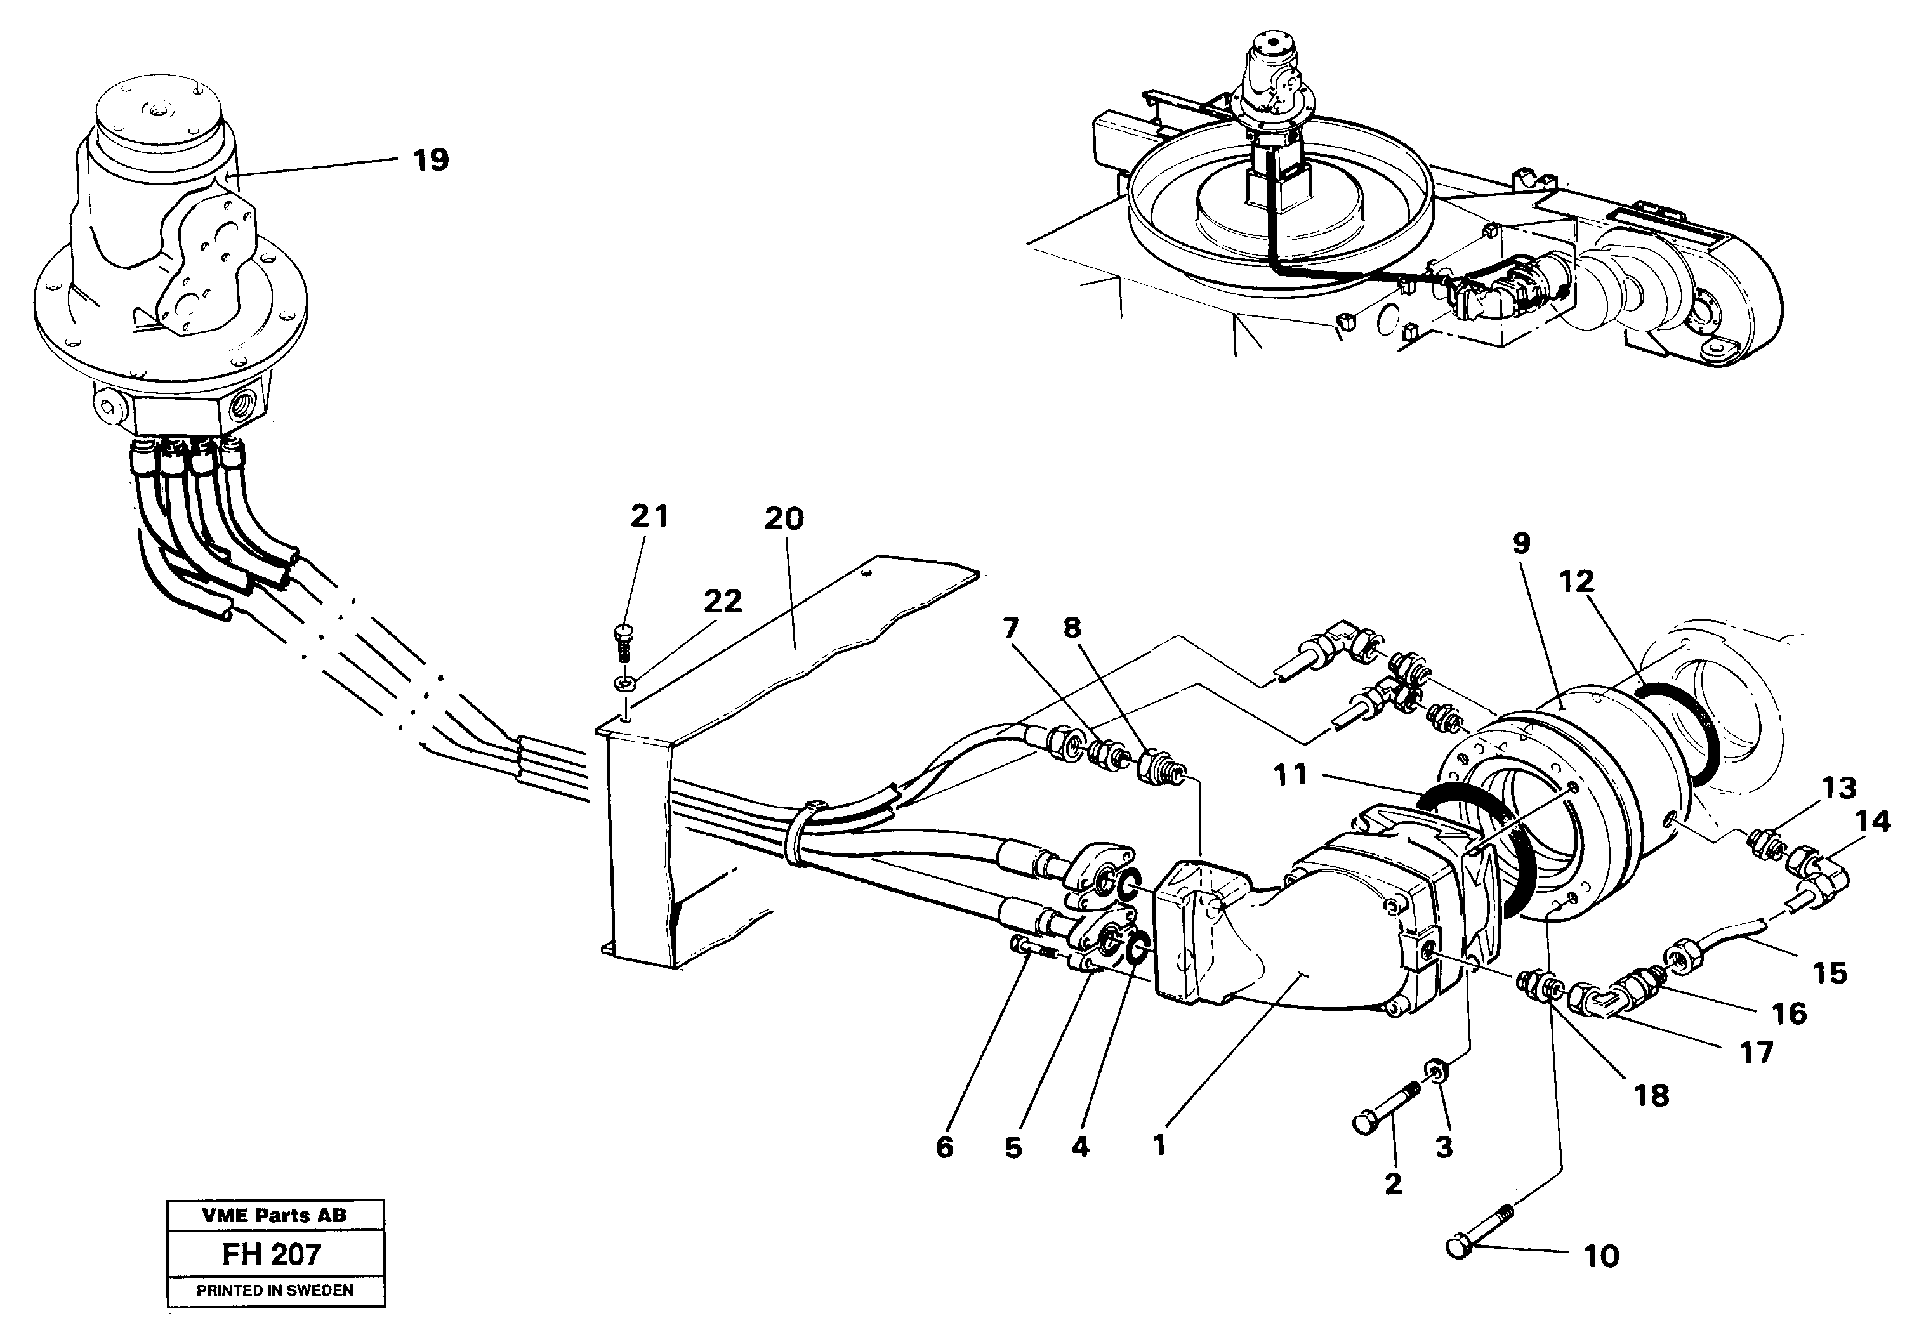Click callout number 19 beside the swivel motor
pyautogui.click(x=431, y=159)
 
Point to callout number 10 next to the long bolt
pyautogui.click(x=1600, y=1256)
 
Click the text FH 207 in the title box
pyautogui.click(x=272, y=1254)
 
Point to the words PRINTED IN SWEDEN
pyautogui.click(x=275, y=1291)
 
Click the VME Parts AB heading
pyautogui.click(x=274, y=1216)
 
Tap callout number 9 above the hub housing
pyautogui.click(x=1522, y=544)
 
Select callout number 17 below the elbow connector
pyautogui.click(x=1757, y=1053)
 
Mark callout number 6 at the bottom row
pyautogui.click(x=944, y=1147)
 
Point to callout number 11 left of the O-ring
pyautogui.click(x=1291, y=775)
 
